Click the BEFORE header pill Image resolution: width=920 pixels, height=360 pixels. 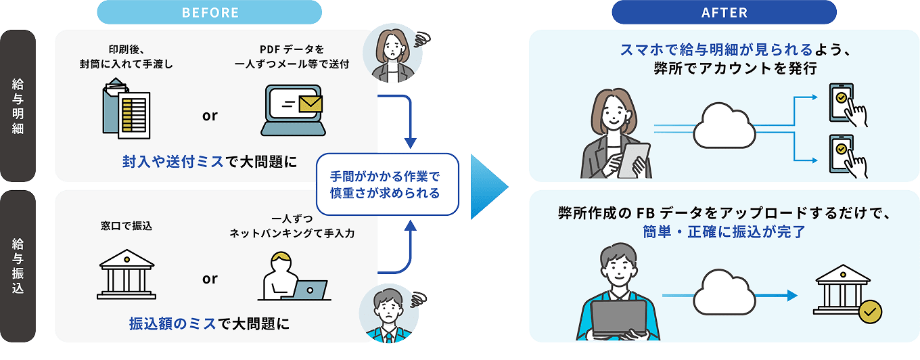tap(210, 12)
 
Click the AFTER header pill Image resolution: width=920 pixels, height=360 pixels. tap(724, 12)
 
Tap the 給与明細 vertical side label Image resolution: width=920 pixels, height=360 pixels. tap(18, 105)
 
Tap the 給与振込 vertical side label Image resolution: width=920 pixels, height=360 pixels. tap(18, 265)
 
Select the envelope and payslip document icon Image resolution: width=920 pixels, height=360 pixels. tap(126, 108)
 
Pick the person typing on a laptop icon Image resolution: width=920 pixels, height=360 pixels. tap(291, 277)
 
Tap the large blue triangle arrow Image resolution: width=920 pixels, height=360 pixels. tap(488, 185)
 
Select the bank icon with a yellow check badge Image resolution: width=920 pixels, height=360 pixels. tap(846, 291)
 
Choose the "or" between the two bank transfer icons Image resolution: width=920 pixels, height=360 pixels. tap(210, 279)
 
